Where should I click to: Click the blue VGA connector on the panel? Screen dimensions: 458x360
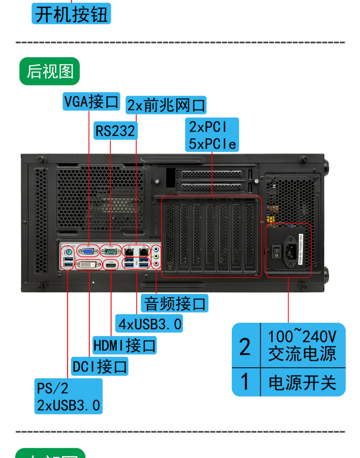pyautogui.click(x=88, y=250)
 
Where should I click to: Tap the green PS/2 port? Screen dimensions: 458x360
pyautogui.click(x=68, y=251)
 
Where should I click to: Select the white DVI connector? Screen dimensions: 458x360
pyautogui.click(x=89, y=265)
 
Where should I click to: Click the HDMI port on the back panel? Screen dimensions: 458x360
pyautogui.click(x=111, y=265)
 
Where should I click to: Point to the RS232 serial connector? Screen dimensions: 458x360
pyautogui.click(x=110, y=250)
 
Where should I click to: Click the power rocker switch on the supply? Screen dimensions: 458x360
pyautogui.click(x=276, y=252)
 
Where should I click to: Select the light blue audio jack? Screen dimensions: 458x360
pyautogui.click(x=156, y=250)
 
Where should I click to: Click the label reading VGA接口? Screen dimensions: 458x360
pyautogui.click(x=91, y=101)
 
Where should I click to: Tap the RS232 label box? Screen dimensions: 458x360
pyautogui.click(x=115, y=130)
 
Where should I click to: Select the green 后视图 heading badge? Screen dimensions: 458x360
pyautogui.click(x=49, y=72)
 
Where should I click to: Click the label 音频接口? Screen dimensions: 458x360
pyautogui.click(x=175, y=303)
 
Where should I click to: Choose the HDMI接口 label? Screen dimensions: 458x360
pyautogui.click(x=124, y=345)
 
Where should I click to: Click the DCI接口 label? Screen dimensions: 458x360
pyautogui.click(x=100, y=367)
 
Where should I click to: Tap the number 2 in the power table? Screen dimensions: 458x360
pyautogui.click(x=245, y=347)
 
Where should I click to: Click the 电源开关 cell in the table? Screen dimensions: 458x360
pyautogui.click(x=302, y=383)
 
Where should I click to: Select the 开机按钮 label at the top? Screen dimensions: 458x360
pyautogui.click(x=72, y=14)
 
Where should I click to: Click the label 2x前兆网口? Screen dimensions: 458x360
pyautogui.click(x=167, y=105)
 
